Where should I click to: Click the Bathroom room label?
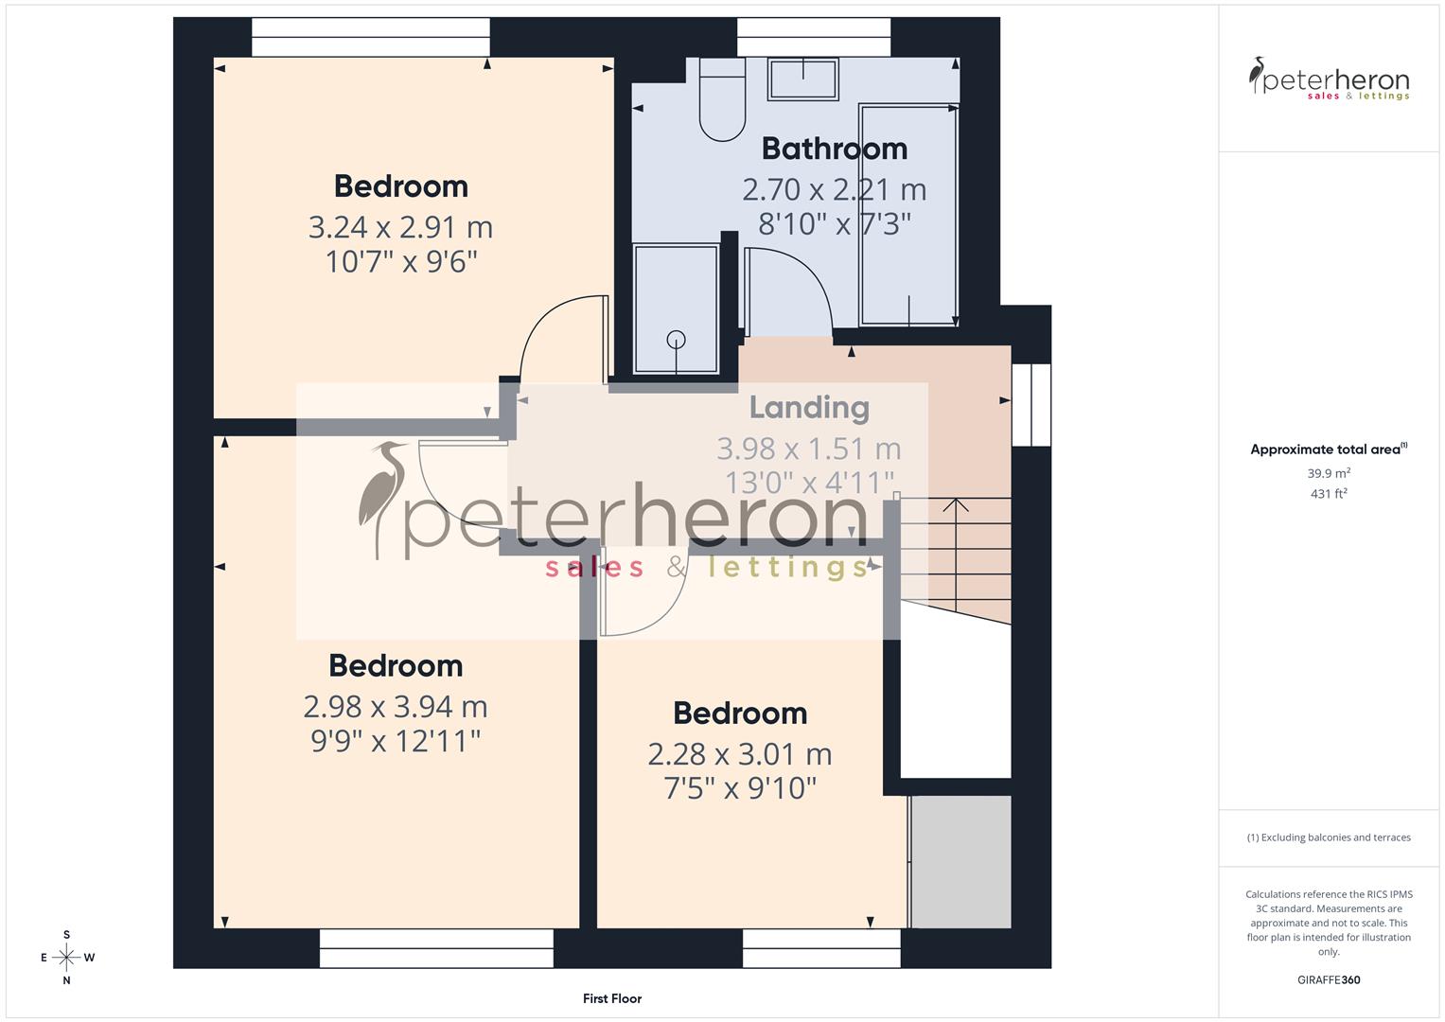coord(834,149)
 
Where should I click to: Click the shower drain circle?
coord(676,339)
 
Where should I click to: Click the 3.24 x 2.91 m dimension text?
coord(400,227)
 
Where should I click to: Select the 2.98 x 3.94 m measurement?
coord(396,706)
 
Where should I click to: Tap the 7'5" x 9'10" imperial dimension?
coord(740,787)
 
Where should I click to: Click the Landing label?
coord(809,408)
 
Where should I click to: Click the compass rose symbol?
coord(66,957)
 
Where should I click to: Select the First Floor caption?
coord(612,998)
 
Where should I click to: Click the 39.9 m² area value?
coord(1329,473)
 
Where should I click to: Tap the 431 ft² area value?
coord(1329,494)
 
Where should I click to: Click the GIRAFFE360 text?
coord(1329,979)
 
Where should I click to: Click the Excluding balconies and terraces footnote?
coord(1329,837)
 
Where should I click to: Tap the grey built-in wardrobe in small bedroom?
coord(961,861)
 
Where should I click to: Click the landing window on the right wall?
coord(1031,405)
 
